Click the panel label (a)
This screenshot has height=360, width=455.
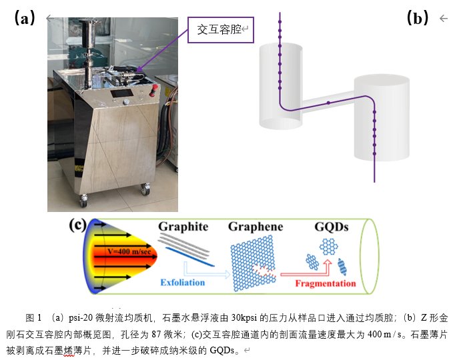coord(24,18)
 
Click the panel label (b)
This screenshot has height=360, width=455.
coord(418,18)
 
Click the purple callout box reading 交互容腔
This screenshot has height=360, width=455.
coord(220,30)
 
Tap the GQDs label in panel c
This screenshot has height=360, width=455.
coord(331,227)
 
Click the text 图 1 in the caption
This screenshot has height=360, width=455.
coord(33,317)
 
